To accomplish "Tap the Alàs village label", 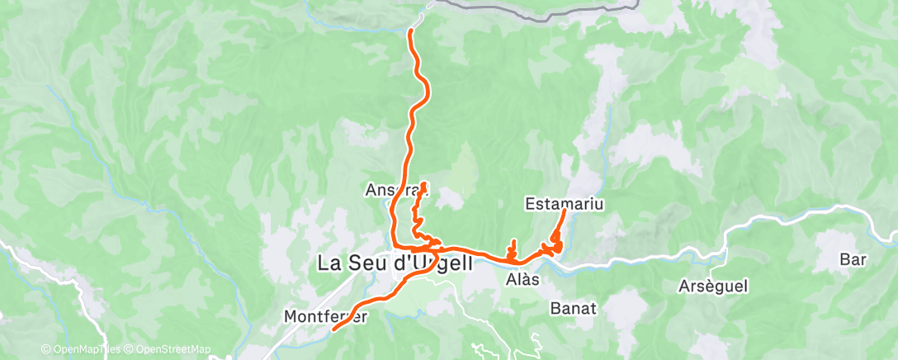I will click(522, 280).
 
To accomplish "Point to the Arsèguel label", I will click(712, 287).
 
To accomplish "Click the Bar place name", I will click(852, 259).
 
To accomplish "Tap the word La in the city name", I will click(329, 264).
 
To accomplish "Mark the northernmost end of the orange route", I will click(411, 31).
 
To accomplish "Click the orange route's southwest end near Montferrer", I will click(334, 329).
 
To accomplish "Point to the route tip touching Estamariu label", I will click(565, 212).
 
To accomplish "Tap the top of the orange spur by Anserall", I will click(423, 183).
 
